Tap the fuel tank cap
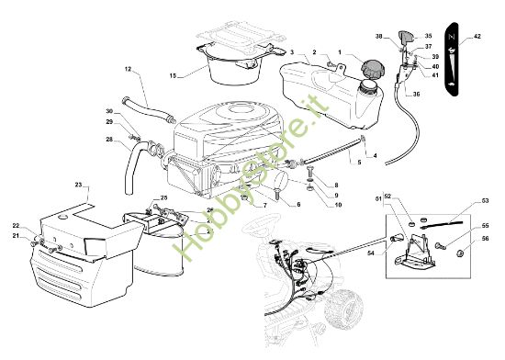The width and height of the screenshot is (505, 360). coord(373,68)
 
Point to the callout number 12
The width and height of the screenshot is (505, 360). coord(128,70)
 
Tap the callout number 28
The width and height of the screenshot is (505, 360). coord(109,140)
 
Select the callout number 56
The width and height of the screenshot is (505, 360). coord(486,239)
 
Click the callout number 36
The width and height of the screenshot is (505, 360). coord(416,94)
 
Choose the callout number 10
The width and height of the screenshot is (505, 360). coord(335,206)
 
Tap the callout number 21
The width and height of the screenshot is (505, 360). coord(16,236)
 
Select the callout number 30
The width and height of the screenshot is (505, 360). coord(109,112)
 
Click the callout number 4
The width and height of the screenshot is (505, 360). coord(374,156)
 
